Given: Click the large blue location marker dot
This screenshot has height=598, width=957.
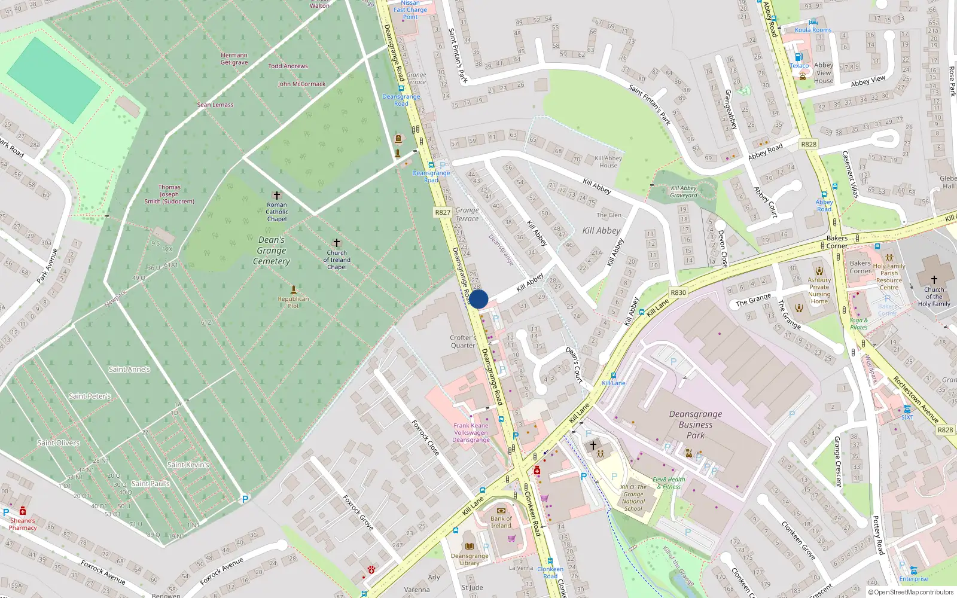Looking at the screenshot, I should pos(478,299).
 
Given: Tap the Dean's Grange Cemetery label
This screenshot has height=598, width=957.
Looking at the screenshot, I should pos(272,251).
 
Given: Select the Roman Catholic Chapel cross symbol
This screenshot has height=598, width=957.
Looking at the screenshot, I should pos(276,196).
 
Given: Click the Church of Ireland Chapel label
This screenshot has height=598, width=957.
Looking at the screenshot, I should pos(337,260).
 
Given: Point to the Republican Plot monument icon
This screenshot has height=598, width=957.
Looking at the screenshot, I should pos(293,289).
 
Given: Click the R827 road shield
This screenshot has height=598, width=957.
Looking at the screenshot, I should pos(443,212).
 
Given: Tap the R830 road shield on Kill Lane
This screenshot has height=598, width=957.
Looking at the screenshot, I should pos(678,292).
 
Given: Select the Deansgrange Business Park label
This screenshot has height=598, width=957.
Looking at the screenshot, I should pos(696,425).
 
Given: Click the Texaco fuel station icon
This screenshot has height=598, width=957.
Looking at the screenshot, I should pos(798,57).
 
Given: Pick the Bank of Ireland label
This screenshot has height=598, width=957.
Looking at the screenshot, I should pos(501,522).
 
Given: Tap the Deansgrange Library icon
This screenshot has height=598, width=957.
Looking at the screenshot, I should pos(470,547).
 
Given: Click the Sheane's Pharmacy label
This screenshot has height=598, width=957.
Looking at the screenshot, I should pos(23,524).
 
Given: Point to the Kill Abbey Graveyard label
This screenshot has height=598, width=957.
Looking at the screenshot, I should pos(684,191).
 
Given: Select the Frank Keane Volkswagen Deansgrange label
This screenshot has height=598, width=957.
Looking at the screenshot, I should pos(471,433).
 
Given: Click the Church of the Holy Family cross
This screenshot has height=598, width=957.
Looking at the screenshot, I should pos(934,279).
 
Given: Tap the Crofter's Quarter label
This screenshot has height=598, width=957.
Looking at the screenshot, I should pos(463,341).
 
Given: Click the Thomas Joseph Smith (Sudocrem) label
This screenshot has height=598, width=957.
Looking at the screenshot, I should pos(169,194).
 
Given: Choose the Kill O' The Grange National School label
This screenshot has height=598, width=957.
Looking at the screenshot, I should pos(633,498).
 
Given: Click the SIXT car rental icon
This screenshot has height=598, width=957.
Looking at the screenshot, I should pos(907,409).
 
